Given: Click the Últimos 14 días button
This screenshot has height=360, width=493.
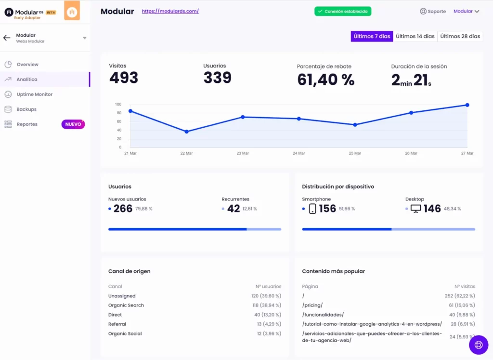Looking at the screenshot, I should click(415, 36).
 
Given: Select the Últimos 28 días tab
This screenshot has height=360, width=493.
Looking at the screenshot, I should click(460, 36).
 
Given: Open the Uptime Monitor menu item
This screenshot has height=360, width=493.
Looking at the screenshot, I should click(35, 94).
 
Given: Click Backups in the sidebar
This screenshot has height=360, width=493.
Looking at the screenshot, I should click(26, 109).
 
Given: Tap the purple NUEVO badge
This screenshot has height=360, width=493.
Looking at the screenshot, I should click(73, 124).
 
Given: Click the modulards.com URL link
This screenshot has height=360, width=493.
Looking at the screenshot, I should click(170, 11).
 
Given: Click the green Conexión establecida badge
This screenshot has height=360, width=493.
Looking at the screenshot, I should click(343, 11).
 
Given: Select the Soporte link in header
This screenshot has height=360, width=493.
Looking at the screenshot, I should click(433, 11).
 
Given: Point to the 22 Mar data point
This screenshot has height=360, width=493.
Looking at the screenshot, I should click(186, 132).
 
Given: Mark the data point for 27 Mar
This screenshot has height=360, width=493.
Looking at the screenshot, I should click(467, 105).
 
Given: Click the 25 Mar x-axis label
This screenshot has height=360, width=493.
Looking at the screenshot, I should click(355, 153).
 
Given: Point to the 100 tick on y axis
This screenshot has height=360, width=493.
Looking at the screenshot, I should click(118, 104).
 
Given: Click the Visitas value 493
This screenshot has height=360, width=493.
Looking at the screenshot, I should click(124, 78).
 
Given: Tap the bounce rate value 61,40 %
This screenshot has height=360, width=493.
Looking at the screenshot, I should click(325, 80).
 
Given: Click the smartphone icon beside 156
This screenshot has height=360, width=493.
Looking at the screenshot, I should click(312, 209).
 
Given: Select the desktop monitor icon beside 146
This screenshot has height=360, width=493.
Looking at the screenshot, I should click(415, 209).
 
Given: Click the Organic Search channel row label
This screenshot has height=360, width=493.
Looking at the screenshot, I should click(126, 305).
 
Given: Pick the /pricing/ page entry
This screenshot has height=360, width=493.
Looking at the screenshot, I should click(312, 305).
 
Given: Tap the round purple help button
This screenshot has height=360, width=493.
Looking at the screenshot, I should click(479, 345).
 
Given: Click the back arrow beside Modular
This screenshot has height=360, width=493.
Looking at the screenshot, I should click(7, 38).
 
